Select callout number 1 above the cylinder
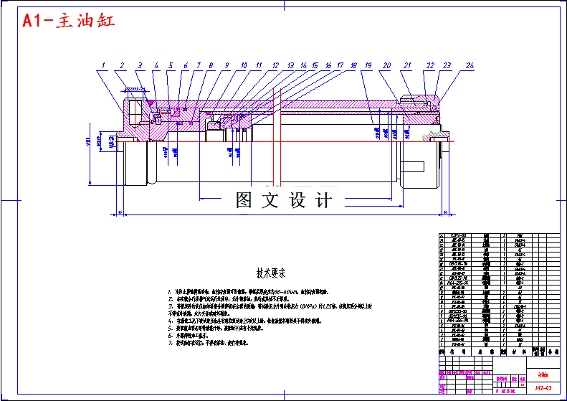103,66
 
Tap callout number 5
171,66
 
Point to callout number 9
227,66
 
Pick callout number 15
315,66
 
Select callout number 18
353,66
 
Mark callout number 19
367,66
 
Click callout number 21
407,66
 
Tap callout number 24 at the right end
470,66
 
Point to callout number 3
139,66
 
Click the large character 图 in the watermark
244,200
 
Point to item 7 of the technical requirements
215,342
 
